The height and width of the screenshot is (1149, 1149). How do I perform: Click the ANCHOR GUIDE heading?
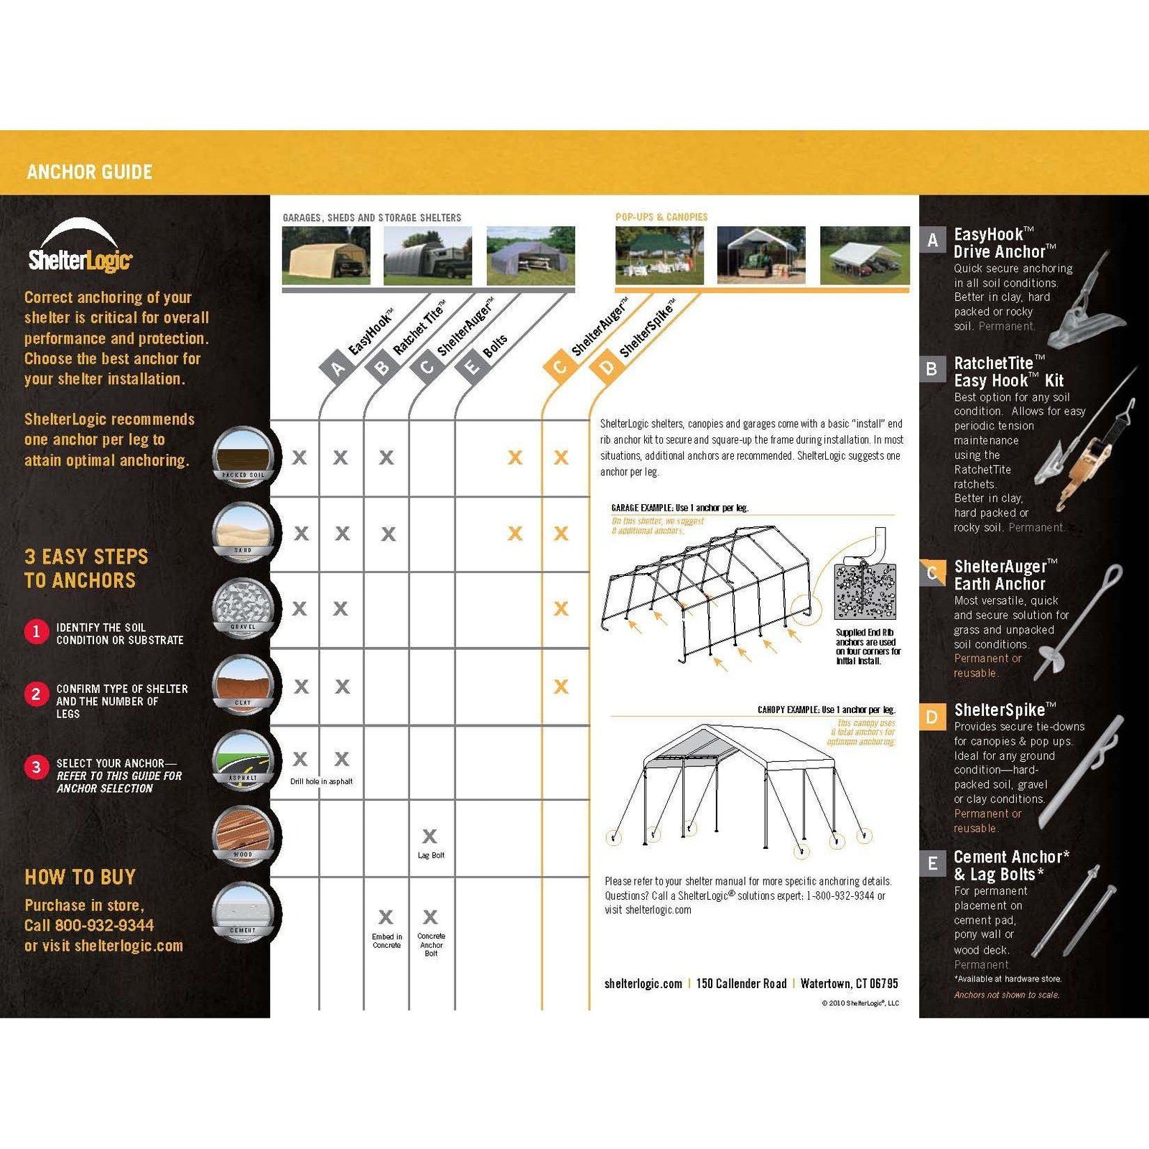point(90,172)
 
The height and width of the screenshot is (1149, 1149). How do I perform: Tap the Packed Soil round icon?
point(243,457)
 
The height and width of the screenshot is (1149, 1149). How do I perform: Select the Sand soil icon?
point(243,532)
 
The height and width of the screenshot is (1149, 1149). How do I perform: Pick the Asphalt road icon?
point(243,760)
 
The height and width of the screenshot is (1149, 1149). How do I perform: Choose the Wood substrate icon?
point(243,837)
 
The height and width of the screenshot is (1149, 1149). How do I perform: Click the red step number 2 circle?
point(36,694)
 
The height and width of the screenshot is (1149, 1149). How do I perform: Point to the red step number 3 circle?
point(36,767)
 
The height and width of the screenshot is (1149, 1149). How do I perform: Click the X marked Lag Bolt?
point(429,836)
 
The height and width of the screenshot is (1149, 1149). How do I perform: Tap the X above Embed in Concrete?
point(386,917)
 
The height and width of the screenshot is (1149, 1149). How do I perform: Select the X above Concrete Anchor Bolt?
point(430,917)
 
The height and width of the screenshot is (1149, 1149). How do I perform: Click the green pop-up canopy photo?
point(659,256)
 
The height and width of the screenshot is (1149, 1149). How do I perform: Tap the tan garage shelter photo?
point(326,256)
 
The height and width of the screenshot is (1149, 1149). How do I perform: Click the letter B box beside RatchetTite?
point(932,369)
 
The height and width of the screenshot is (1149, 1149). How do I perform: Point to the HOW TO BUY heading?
point(80,877)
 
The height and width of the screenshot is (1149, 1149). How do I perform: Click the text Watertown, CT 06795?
point(849,984)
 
